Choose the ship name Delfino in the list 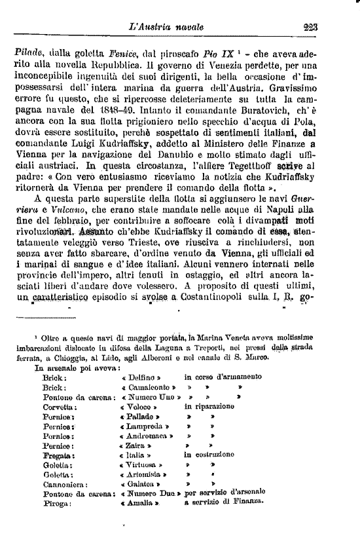[x=141, y=378]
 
